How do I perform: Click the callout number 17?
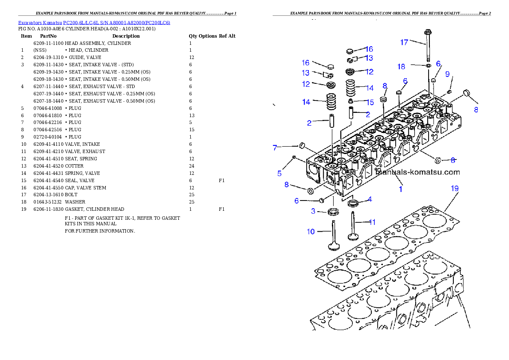click(x=404, y=42)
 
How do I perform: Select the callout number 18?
click(x=401, y=66)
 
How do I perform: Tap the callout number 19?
click(x=454, y=188)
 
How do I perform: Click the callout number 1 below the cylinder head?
click(x=401, y=189)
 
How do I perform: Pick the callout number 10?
click(x=311, y=232)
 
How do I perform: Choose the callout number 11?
click(x=372, y=222)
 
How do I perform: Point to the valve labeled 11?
click(x=353, y=227)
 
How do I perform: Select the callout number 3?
click(x=313, y=211)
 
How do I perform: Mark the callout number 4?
click(x=370, y=199)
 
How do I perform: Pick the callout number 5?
click(x=279, y=174)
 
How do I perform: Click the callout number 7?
click(x=276, y=148)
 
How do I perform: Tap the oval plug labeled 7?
click(x=302, y=145)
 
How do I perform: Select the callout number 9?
click(x=447, y=74)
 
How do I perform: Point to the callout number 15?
click(x=370, y=103)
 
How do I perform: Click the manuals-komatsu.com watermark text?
click(x=417, y=173)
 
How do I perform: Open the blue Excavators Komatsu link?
click(x=94, y=23)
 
